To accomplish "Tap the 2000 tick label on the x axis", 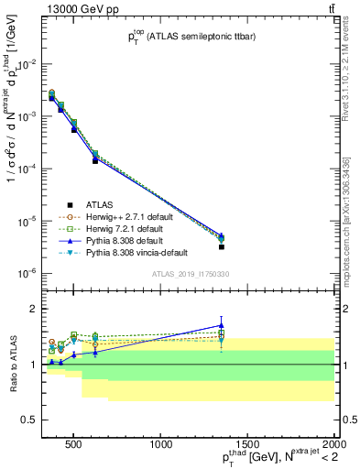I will pos(332,443).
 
